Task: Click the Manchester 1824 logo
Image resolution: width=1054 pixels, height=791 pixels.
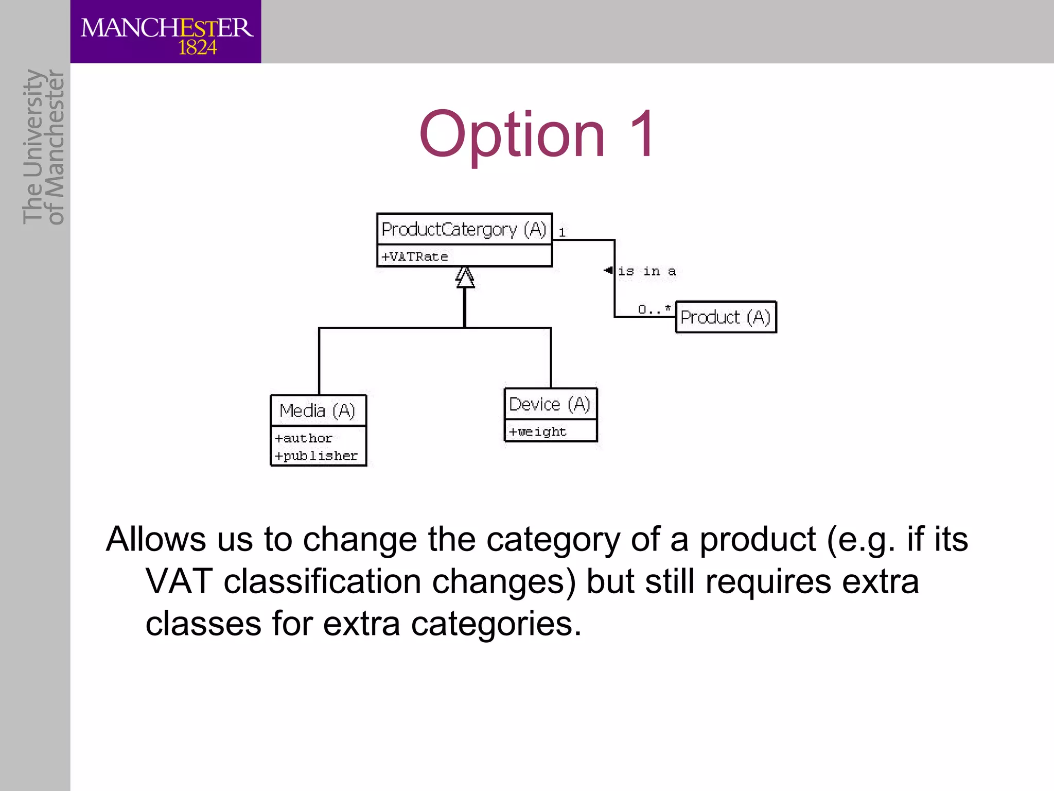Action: pyautogui.click(x=166, y=32)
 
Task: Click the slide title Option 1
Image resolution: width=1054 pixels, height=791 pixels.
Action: pyautogui.click(x=537, y=134)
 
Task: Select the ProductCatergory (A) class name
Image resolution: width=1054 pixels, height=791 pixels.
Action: pyautogui.click(x=464, y=229)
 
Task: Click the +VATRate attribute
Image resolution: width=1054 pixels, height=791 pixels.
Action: pyautogui.click(x=414, y=256)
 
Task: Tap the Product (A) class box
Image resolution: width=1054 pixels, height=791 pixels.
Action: pyautogui.click(x=725, y=317)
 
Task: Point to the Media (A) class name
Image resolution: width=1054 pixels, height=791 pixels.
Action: pyautogui.click(x=318, y=411)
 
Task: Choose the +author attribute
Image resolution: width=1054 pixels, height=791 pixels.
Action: pyautogui.click(x=303, y=438)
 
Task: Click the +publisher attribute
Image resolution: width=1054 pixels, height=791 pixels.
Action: pyautogui.click(x=316, y=456)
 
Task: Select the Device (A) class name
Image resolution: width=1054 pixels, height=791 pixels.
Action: pyautogui.click(x=550, y=404)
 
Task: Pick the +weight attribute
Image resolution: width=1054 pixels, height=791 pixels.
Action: pyautogui.click(x=537, y=432)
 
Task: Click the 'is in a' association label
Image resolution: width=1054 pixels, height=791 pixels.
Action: pyautogui.click(x=646, y=271)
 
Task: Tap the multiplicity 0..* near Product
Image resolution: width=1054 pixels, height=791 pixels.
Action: pyautogui.click(x=654, y=309)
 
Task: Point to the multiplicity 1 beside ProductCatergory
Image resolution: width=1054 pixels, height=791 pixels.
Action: pyautogui.click(x=562, y=233)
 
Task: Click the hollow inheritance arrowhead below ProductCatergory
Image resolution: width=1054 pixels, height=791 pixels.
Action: pyautogui.click(x=465, y=278)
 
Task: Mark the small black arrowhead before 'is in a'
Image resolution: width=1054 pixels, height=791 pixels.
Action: pyautogui.click(x=608, y=270)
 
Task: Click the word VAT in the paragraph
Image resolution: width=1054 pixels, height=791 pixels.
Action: pyautogui.click(x=179, y=581)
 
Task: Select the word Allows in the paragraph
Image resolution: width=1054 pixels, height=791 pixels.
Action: pyautogui.click(x=156, y=539)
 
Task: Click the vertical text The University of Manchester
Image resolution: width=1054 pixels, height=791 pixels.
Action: pyautogui.click(x=43, y=147)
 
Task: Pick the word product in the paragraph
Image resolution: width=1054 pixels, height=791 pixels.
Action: pyautogui.click(x=757, y=540)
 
